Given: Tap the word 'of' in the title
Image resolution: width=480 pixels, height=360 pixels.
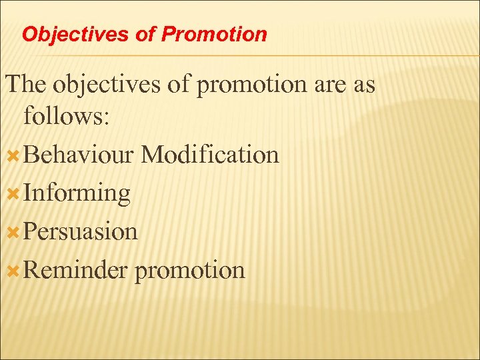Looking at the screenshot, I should (145, 34).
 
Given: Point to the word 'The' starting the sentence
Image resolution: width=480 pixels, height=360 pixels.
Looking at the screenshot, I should (27, 85).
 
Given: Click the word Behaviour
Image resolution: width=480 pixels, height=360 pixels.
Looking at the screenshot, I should (79, 155).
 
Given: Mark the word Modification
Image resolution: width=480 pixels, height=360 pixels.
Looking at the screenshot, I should (211, 155).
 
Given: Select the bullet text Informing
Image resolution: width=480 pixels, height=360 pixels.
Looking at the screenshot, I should (77, 193).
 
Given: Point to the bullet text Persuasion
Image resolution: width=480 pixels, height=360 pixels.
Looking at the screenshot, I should (81, 231).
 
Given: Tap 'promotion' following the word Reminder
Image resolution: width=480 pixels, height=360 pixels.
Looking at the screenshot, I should (190, 271).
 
